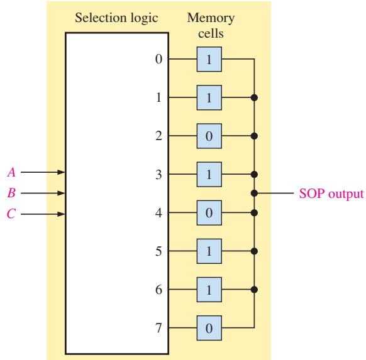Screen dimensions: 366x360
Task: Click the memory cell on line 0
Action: [209, 59]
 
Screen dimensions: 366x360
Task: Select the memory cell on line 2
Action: [209, 136]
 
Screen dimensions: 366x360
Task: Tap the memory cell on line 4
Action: [209, 212]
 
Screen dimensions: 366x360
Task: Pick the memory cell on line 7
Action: [209, 328]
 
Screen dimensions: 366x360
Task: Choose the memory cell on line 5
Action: [209, 251]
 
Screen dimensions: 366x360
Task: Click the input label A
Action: [11, 173]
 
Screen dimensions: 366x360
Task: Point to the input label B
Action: [11, 193]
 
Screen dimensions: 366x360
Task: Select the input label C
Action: [11, 214]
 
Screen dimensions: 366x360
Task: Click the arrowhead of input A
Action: [61, 172]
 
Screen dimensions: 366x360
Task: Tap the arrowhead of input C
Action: [61, 214]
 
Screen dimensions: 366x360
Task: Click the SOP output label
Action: [331, 194]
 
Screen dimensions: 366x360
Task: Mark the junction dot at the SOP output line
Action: [254, 193]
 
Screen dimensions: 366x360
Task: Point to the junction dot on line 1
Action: [254, 97]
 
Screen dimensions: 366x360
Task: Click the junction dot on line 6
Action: [254, 290]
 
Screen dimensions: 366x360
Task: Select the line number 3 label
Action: [158, 175]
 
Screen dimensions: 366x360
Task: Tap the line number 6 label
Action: [158, 290]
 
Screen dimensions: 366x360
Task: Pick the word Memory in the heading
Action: [211, 18]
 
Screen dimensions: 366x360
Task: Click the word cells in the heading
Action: [211, 33]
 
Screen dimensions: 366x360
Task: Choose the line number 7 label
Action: [158, 328]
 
